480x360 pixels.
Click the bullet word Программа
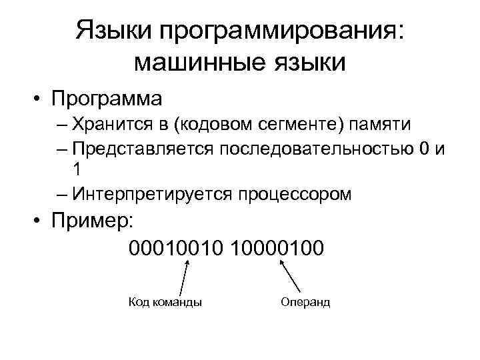point(108,99)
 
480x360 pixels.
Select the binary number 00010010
point(177,248)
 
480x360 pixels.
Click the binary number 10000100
point(277,248)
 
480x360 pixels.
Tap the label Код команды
point(165,302)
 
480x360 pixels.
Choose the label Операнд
point(305,302)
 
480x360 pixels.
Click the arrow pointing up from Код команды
point(185,277)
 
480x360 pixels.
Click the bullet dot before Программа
point(40,99)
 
